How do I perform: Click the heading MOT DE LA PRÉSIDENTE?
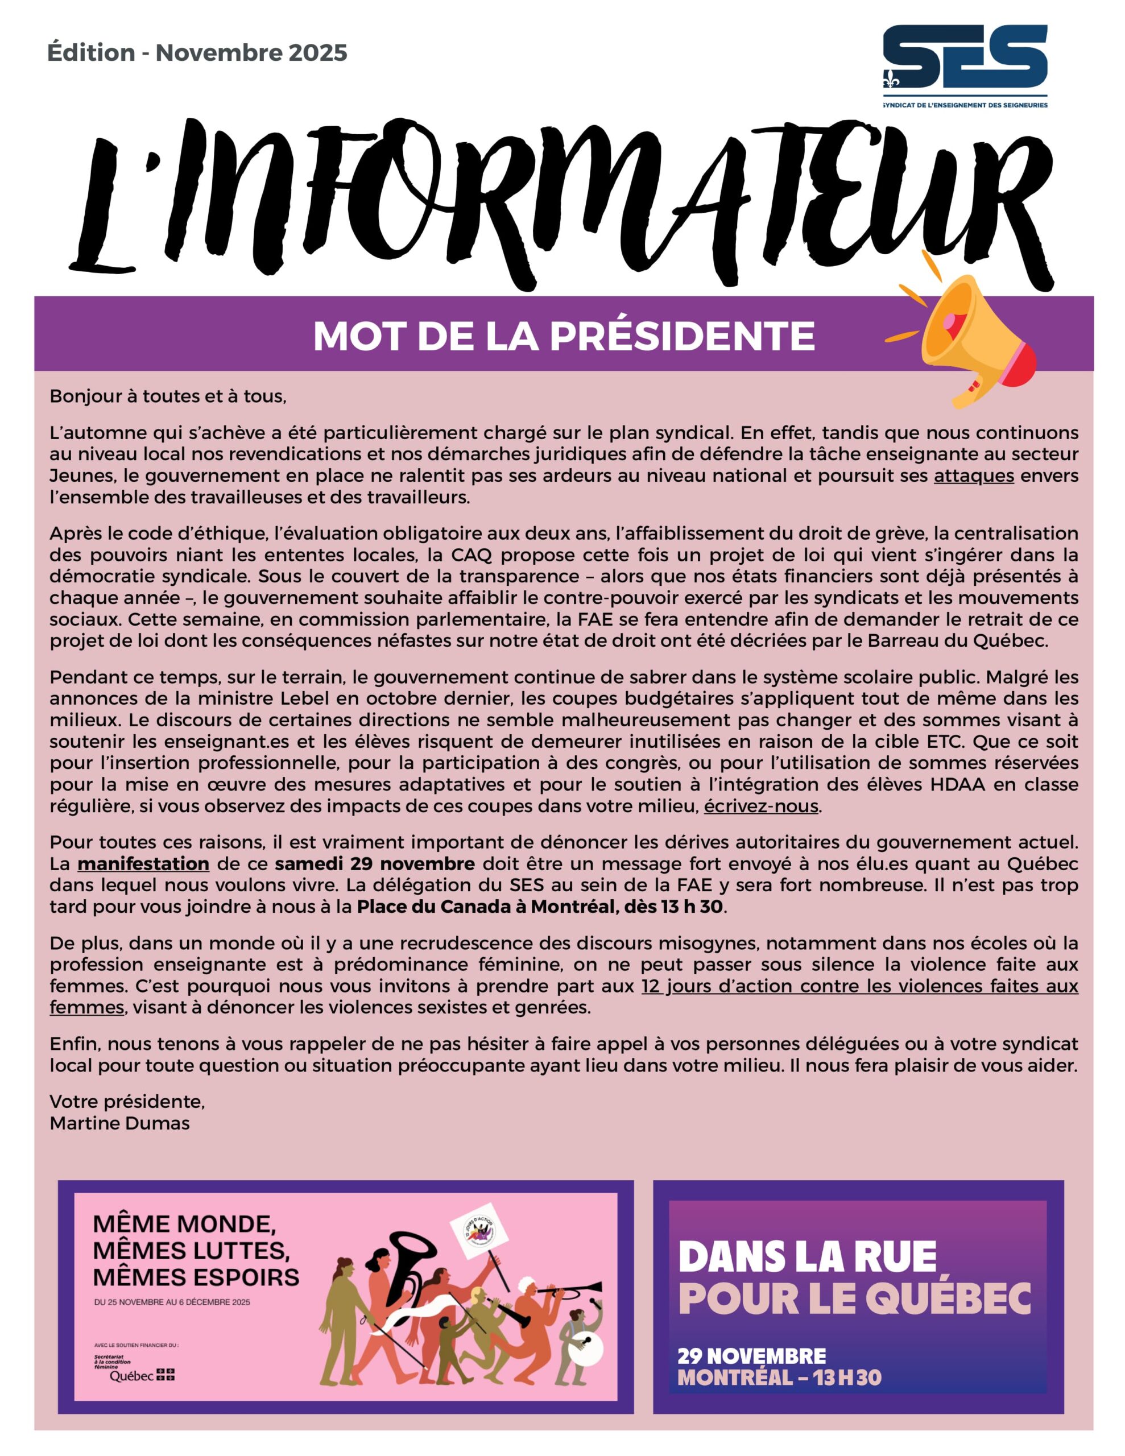coord(564,336)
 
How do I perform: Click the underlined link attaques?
coord(974,476)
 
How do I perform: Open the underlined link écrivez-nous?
coord(761,806)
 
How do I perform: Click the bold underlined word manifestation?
coord(143,864)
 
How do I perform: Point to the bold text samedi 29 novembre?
coord(375,864)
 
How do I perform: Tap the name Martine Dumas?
coord(119,1123)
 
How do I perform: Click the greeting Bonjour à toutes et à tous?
coord(168,396)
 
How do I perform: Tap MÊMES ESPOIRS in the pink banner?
coord(196,1277)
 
